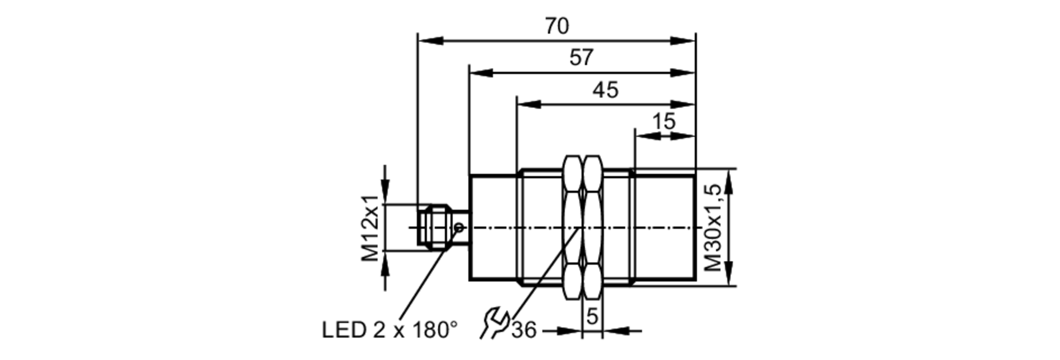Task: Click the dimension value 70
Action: coord(556,26)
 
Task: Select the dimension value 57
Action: coord(581,57)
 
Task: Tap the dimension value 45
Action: coord(605,90)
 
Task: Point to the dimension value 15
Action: coord(664,121)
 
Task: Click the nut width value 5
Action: coord(592,317)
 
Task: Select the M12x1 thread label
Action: coord(371,228)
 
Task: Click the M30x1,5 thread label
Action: coord(713,228)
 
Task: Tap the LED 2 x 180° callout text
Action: coord(390,330)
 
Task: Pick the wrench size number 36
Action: coord(524,330)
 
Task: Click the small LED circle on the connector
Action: coord(459,227)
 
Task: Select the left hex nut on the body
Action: coord(572,228)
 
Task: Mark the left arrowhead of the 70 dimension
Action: coord(429,41)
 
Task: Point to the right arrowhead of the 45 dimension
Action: coord(684,104)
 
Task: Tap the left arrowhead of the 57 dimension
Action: coord(481,73)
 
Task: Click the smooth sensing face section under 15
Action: coord(665,227)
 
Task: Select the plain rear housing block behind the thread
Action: coord(492,227)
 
